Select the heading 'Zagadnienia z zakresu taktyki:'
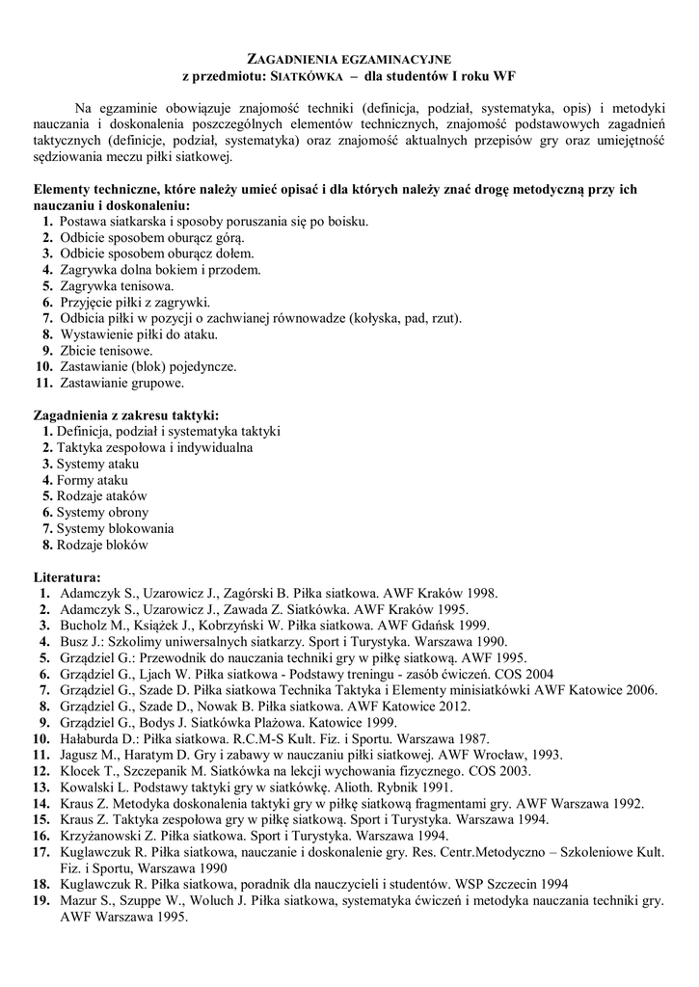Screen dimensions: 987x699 (125, 414)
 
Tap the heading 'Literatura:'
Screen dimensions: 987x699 (73, 576)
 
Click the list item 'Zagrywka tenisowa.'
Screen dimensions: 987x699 (117, 286)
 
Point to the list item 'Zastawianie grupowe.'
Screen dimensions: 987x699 (121, 383)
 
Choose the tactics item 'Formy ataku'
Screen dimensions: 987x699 (92, 480)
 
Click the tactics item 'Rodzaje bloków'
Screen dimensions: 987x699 (102, 545)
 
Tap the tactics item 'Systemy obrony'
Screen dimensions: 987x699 (102, 512)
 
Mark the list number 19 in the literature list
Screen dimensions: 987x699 (42, 899)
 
